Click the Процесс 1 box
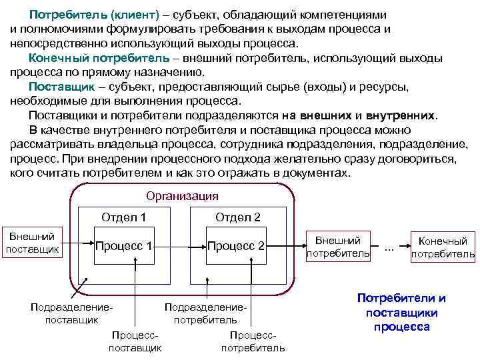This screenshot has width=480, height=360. click(124, 246)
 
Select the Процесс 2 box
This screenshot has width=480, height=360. click(237, 246)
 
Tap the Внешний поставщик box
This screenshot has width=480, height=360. click(33, 241)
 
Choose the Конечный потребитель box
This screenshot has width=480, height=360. click(443, 247)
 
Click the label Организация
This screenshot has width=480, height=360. click(182, 196)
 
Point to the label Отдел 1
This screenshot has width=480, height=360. click(124, 217)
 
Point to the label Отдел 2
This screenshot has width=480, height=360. click(237, 217)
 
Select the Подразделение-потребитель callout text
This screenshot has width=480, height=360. click(205, 313)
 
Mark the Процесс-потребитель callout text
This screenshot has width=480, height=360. click(253, 341)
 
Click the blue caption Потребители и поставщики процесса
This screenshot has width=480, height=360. click(401, 312)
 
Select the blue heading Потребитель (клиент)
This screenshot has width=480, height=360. click(83, 15)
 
